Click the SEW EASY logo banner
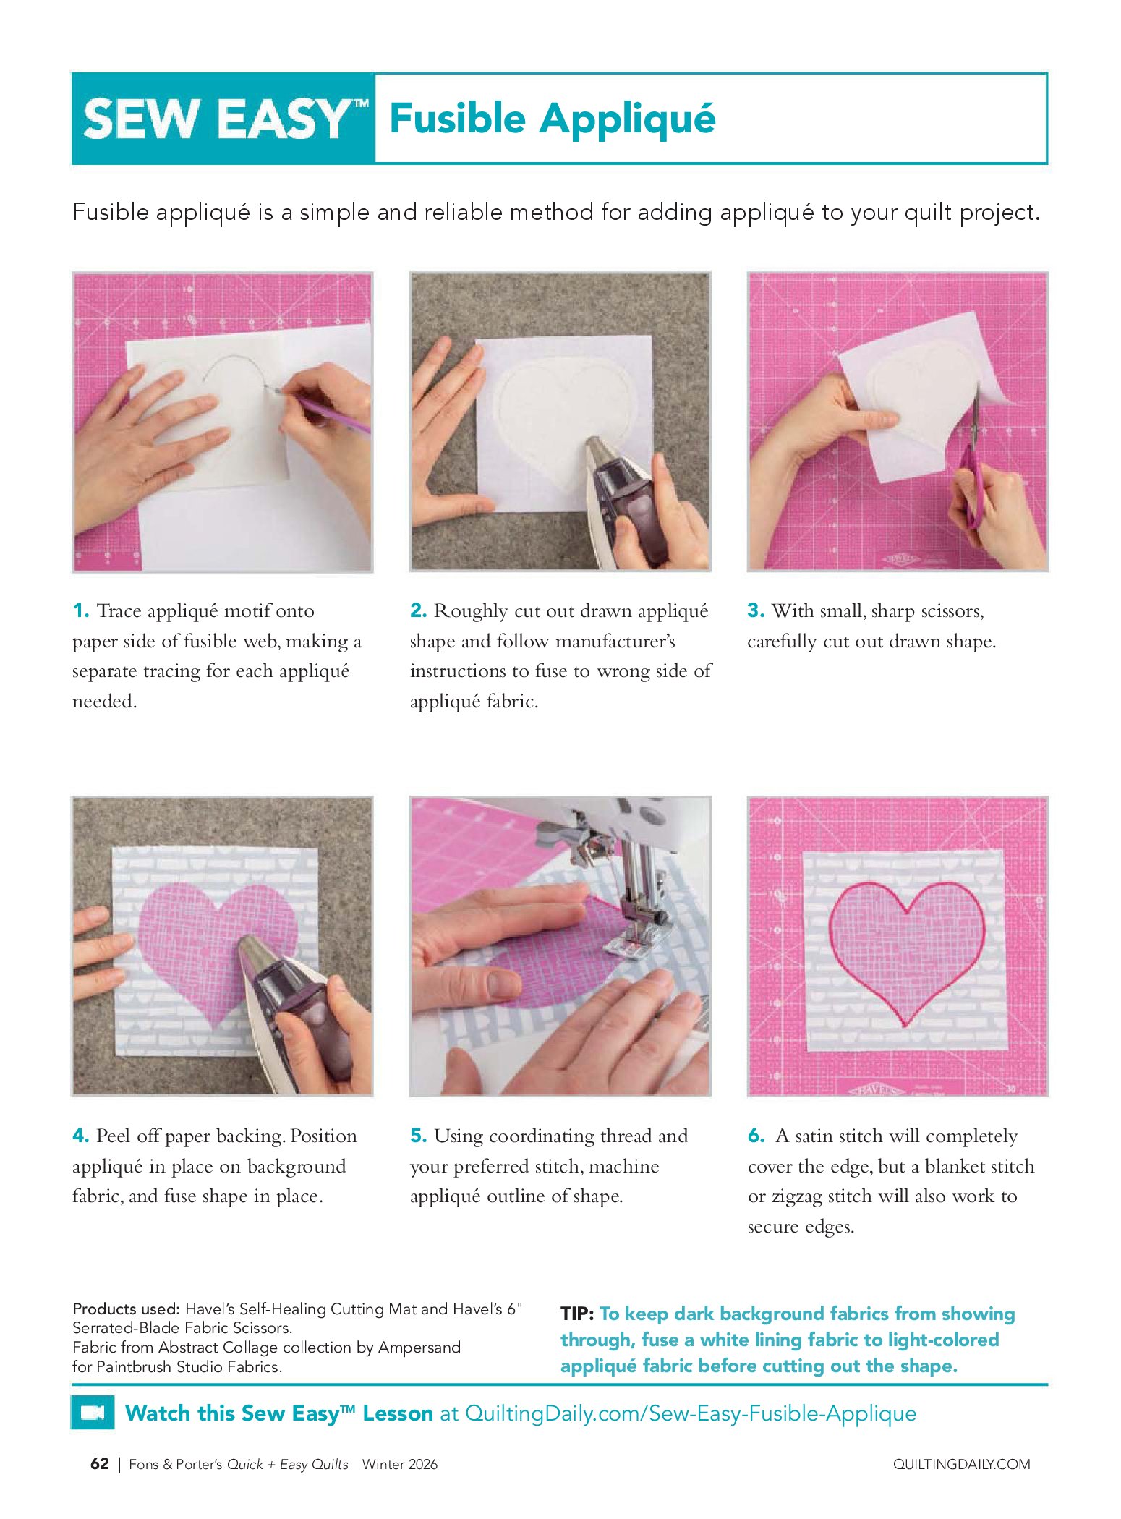click(223, 118)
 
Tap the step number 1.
click(81, 611)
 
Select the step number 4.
click(81, 1136)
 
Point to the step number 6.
click(756, 1136)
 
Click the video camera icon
click(93, 1413)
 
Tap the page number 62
click(100, 1464)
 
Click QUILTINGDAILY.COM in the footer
click(961, 1465)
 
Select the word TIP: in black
click(577, 1314)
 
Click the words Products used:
click(126, 1309)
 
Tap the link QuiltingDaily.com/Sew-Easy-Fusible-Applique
click(691, 1413)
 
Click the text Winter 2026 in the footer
click(400, 1465)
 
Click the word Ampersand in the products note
click(419, 1348)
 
